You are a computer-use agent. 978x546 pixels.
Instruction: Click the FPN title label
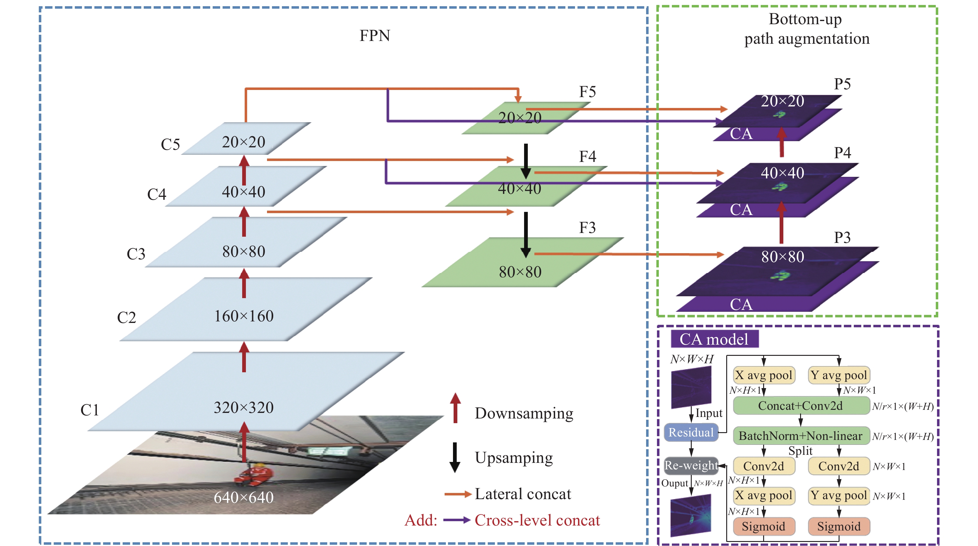point(374,36)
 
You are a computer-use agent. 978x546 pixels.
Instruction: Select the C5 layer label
point(170,145)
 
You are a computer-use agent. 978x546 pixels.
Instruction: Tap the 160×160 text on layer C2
point(244,316)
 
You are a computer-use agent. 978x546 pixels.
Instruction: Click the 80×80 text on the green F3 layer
point(520,272)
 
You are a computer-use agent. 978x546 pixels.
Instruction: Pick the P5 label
point(842,84)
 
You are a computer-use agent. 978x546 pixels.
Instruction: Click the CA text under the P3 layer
point(741,304)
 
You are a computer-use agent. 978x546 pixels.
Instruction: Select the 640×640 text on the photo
point(244,497)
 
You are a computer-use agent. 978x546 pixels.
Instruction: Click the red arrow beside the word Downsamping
point(455,408)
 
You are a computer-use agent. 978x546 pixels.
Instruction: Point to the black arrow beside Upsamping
point(455,457)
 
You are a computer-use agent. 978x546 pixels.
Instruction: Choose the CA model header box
point(714,339)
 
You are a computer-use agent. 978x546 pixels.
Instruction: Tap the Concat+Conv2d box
point(800,405)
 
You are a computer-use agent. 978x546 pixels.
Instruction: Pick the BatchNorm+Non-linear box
point(800,436)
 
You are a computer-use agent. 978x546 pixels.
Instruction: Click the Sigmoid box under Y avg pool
point(838,526)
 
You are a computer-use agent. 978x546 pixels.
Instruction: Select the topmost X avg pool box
point(763,375)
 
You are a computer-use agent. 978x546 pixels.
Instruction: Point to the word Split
point(800,451)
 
